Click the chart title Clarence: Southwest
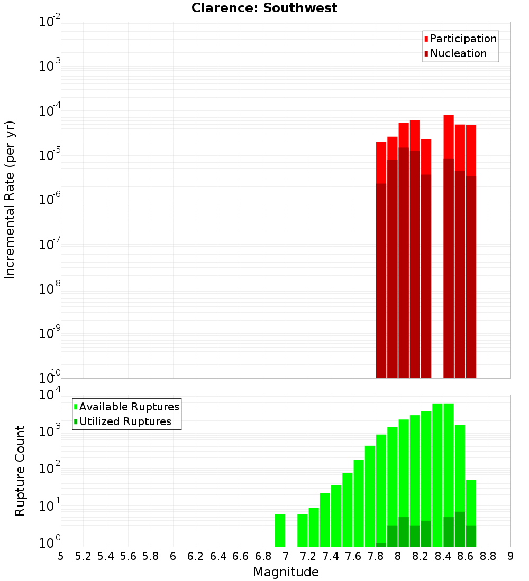[x=264, y=8]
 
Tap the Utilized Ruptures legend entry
[x=125, y=421]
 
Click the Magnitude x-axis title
[x=286, y=572]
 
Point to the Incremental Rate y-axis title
[x=10, y=200]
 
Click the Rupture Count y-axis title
[x=20, y=470]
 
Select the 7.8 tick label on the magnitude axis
[x=376, y=556]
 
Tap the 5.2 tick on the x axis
[x=83, y=556]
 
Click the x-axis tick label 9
[x=510, y=556]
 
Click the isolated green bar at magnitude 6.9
[x=280, y=530]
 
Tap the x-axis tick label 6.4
[x=218, y=556]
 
